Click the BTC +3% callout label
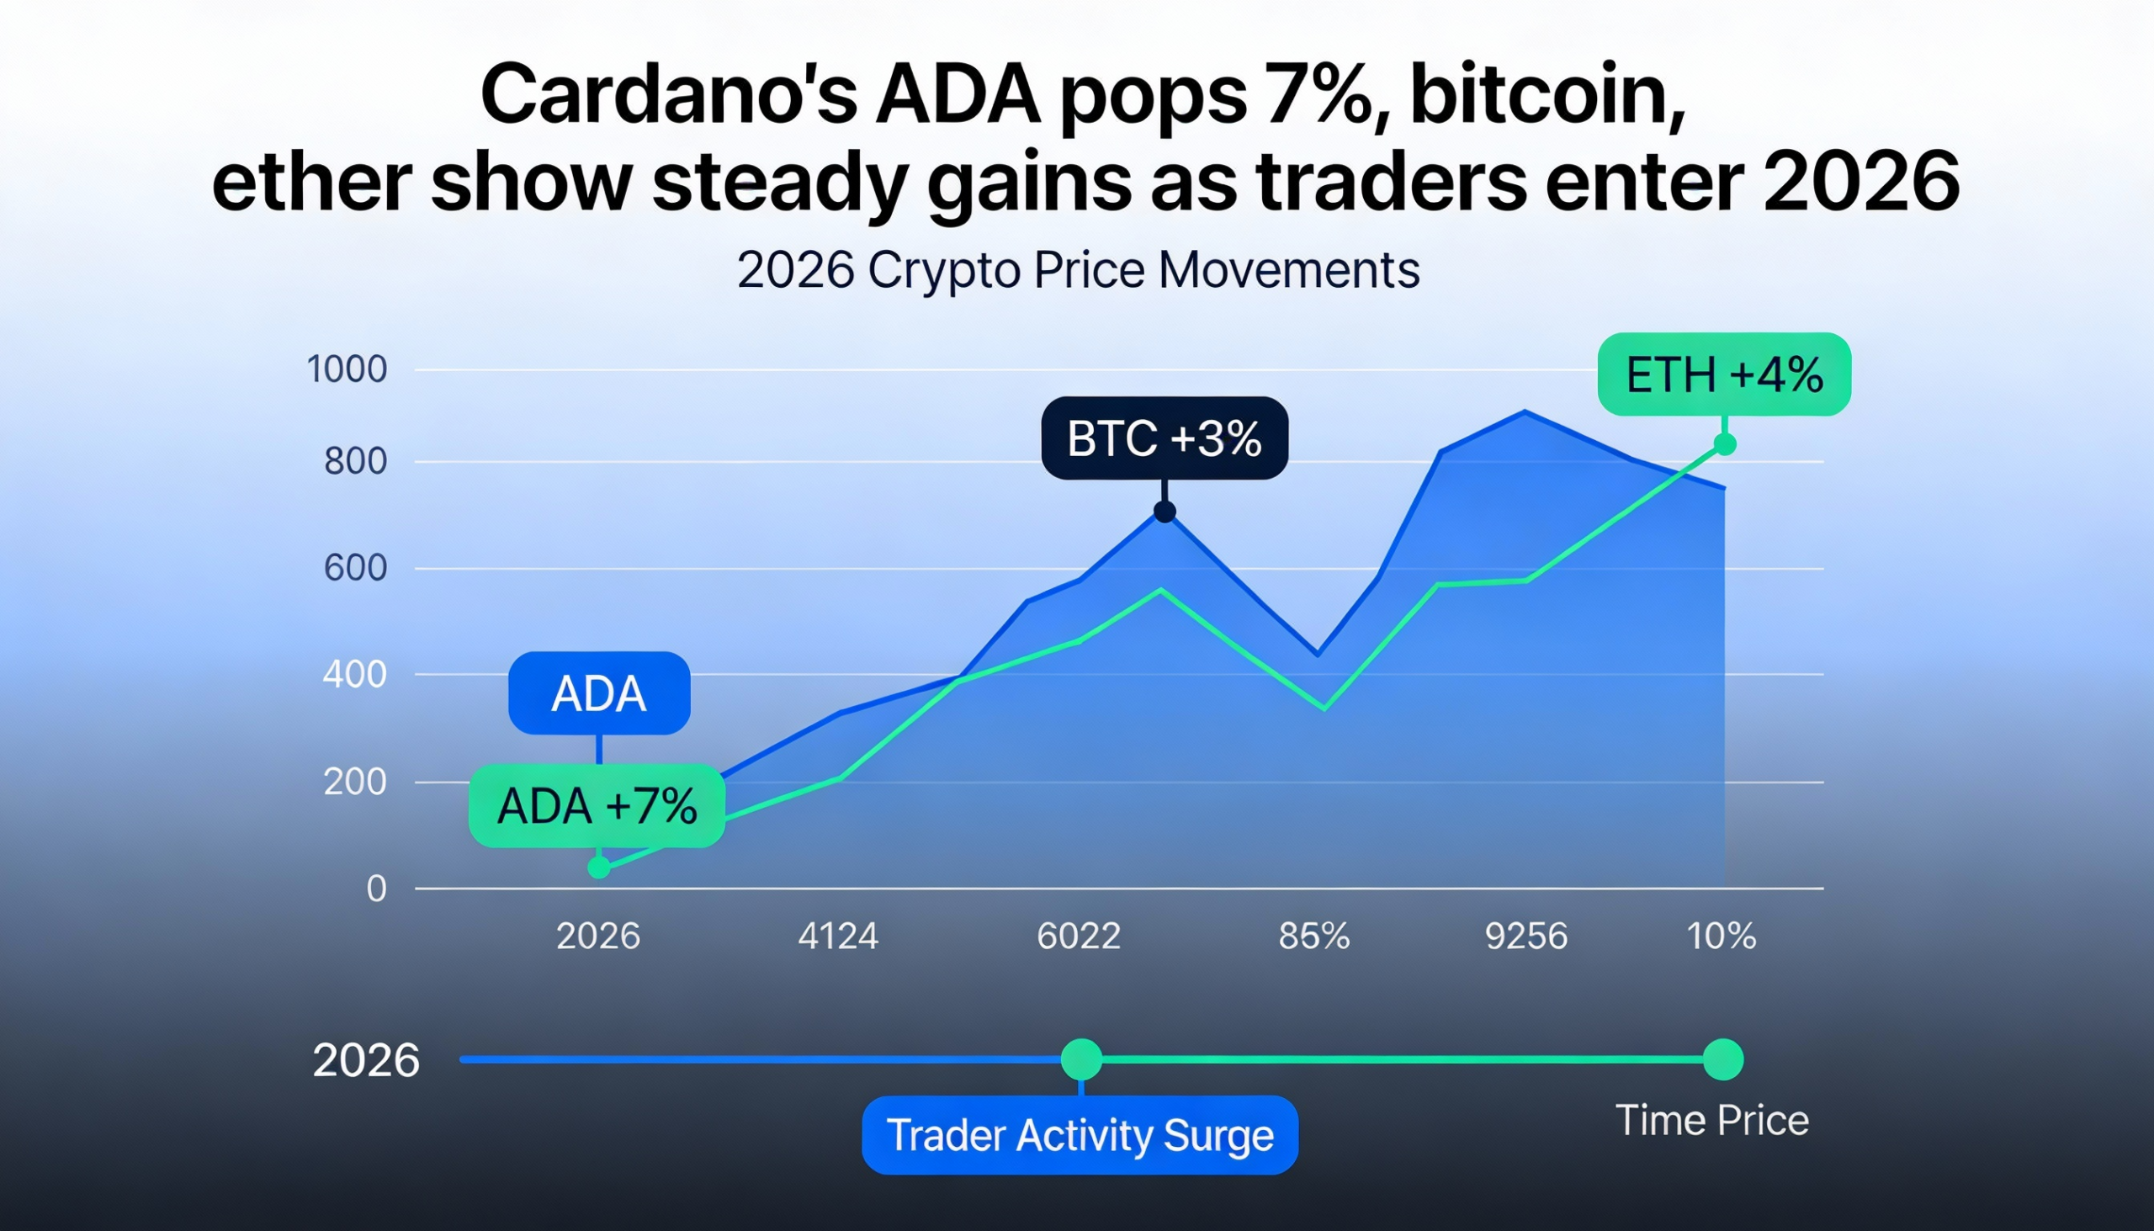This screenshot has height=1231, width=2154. click(x=1164, y=438)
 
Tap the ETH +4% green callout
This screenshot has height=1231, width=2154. click(x=1724, y=374)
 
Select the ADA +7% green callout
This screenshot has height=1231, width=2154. click(x=597, y=806)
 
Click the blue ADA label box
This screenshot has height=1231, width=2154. click(x=598, y=693)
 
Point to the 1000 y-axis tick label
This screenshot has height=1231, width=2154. click(x=347, y=369)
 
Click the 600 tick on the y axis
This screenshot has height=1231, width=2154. click(x=355, y=568)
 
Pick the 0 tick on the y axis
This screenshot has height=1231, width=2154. click(x=376, y=889)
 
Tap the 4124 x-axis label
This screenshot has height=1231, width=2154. click(x=838, y=936)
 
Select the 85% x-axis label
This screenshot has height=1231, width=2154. click(x=1313, y=936)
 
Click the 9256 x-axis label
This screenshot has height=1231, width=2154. click(x=1526, y=936)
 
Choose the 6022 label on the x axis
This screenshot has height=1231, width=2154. click(x=1079, y=936)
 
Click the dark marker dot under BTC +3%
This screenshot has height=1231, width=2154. click(x=1164, y=512)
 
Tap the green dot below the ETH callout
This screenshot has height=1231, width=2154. click(x=1725, y=444)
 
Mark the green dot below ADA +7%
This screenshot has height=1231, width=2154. click(x=598, y=868)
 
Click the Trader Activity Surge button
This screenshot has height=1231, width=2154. click(x=1080, y=1134)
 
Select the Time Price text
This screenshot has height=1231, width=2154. click(x=1712, y=1120)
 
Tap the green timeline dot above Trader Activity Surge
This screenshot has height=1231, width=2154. click(x=1081, y=1059)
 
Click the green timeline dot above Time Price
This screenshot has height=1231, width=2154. click(x=1723, y=1059)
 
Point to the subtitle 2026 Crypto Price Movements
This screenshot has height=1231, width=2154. click(x=1078, y=271)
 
